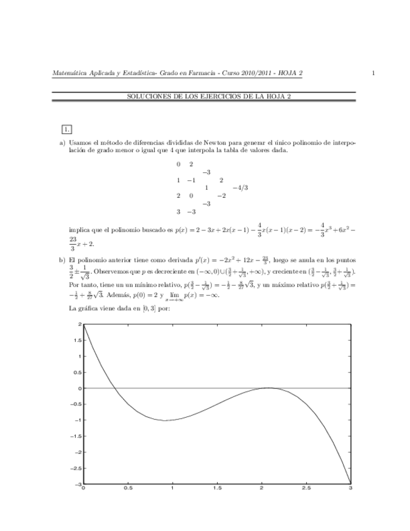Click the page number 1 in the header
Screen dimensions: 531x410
[373, 74]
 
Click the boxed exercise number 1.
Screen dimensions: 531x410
[66, 130]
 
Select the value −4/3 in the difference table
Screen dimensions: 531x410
[240, 187]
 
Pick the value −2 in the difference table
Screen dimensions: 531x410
[221, 195]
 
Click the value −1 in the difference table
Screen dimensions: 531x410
[191, 180]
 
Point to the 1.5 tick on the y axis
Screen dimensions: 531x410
[78, 340]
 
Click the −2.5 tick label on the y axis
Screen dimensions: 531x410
[76, 468]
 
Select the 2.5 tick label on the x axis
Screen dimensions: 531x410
[306, 488]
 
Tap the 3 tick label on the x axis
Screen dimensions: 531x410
[351, 488]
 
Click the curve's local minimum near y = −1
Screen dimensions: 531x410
[164, 420]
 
